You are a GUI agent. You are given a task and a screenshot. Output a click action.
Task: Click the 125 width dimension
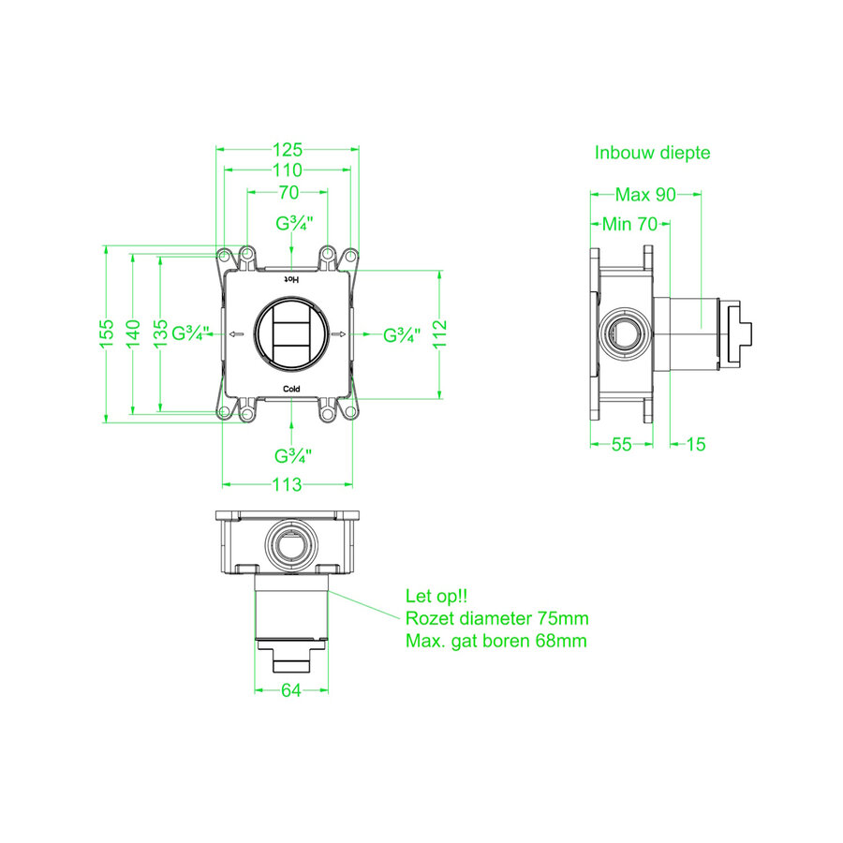pos(288,149)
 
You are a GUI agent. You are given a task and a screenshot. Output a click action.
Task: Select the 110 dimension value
pos(288,170)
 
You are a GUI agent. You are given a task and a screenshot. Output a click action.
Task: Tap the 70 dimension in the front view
pos(288,192)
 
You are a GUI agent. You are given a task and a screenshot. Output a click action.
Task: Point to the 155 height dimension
pos(107,333)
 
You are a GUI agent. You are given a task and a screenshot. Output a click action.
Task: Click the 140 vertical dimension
pos(133,333)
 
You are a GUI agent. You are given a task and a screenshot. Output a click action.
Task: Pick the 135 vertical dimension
pos(160,333)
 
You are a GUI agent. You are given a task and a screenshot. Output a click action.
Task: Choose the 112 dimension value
pos(440,333)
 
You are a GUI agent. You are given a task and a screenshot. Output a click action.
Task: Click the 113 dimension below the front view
pos(288,484)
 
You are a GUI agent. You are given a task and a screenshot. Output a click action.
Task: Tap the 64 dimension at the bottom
pos(291,690)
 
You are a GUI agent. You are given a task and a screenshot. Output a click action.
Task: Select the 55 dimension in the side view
pos(622,444)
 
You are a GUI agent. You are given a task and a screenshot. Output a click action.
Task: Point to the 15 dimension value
pos(696,444)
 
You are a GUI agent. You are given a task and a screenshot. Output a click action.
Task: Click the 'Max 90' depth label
pos(645,194)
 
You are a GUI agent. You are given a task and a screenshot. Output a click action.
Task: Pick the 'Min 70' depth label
pos(629,224)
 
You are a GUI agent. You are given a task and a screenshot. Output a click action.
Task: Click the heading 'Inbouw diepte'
pos(652,153)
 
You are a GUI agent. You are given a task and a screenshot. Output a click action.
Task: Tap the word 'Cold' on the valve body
pos(291,389)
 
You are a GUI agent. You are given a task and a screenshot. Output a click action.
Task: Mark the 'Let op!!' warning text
pos(436,596)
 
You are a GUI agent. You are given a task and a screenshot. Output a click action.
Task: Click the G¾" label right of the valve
pos(402,335)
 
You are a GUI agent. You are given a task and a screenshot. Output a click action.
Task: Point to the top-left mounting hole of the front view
pos(223,255)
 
